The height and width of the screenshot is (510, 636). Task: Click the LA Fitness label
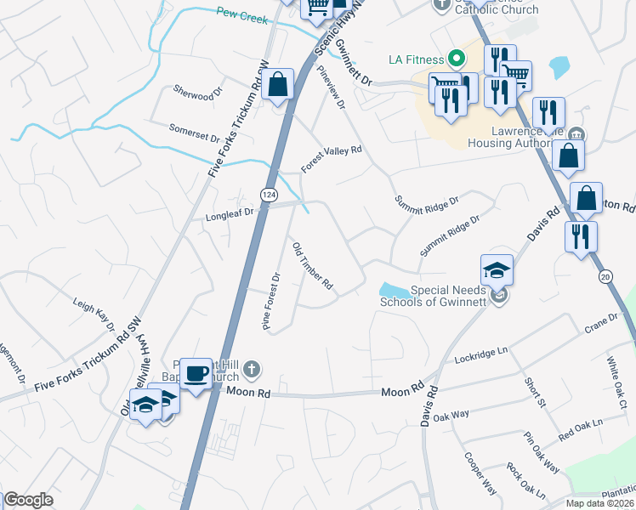417,59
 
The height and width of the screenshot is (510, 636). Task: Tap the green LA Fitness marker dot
456,59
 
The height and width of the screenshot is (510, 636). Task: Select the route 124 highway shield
269,195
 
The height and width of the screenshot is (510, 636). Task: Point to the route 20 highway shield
605,276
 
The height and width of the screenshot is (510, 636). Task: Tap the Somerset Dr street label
194,133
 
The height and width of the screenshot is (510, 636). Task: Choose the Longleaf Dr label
230,217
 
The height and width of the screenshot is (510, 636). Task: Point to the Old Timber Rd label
312,266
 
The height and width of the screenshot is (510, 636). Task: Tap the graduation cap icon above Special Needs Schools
497,270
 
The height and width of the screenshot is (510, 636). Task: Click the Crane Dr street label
600,321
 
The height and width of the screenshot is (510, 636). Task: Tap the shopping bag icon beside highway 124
278,85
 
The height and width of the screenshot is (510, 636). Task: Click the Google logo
28,499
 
